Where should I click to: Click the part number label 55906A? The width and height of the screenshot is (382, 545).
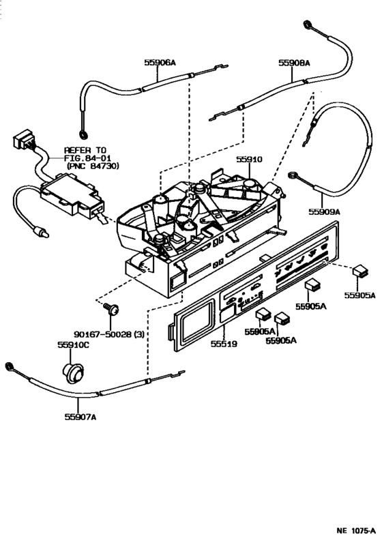[x=160, y=63]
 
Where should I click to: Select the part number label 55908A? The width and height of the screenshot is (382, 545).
[x=294, y=63]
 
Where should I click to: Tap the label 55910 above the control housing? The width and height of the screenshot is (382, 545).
[x=249, y=160]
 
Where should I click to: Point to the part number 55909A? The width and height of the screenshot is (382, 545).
[x=324, y=211]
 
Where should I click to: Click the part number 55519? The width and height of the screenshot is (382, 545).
[x=224, y=344]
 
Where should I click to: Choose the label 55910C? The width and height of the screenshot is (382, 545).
[x=73, y=344]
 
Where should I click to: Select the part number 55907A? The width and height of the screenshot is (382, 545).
[x=80, y=416]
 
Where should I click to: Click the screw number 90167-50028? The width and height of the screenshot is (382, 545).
[x=102, y=334]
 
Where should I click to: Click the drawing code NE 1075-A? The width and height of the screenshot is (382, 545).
[x=356, y=531]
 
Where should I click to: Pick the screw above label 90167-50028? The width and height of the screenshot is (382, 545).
[x=111, y=308]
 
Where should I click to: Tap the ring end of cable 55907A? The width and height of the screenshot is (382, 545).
[x=10, y=366]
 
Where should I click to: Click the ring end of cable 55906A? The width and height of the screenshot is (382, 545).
[x=83, y=134]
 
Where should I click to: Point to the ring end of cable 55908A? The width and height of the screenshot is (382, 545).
[x=308, y=25]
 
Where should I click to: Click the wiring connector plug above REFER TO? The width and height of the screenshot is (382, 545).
[x=24, y=140]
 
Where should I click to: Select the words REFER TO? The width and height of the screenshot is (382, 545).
[x=85, y=151]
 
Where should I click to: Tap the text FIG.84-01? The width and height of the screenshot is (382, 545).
[x=87, y=158]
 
